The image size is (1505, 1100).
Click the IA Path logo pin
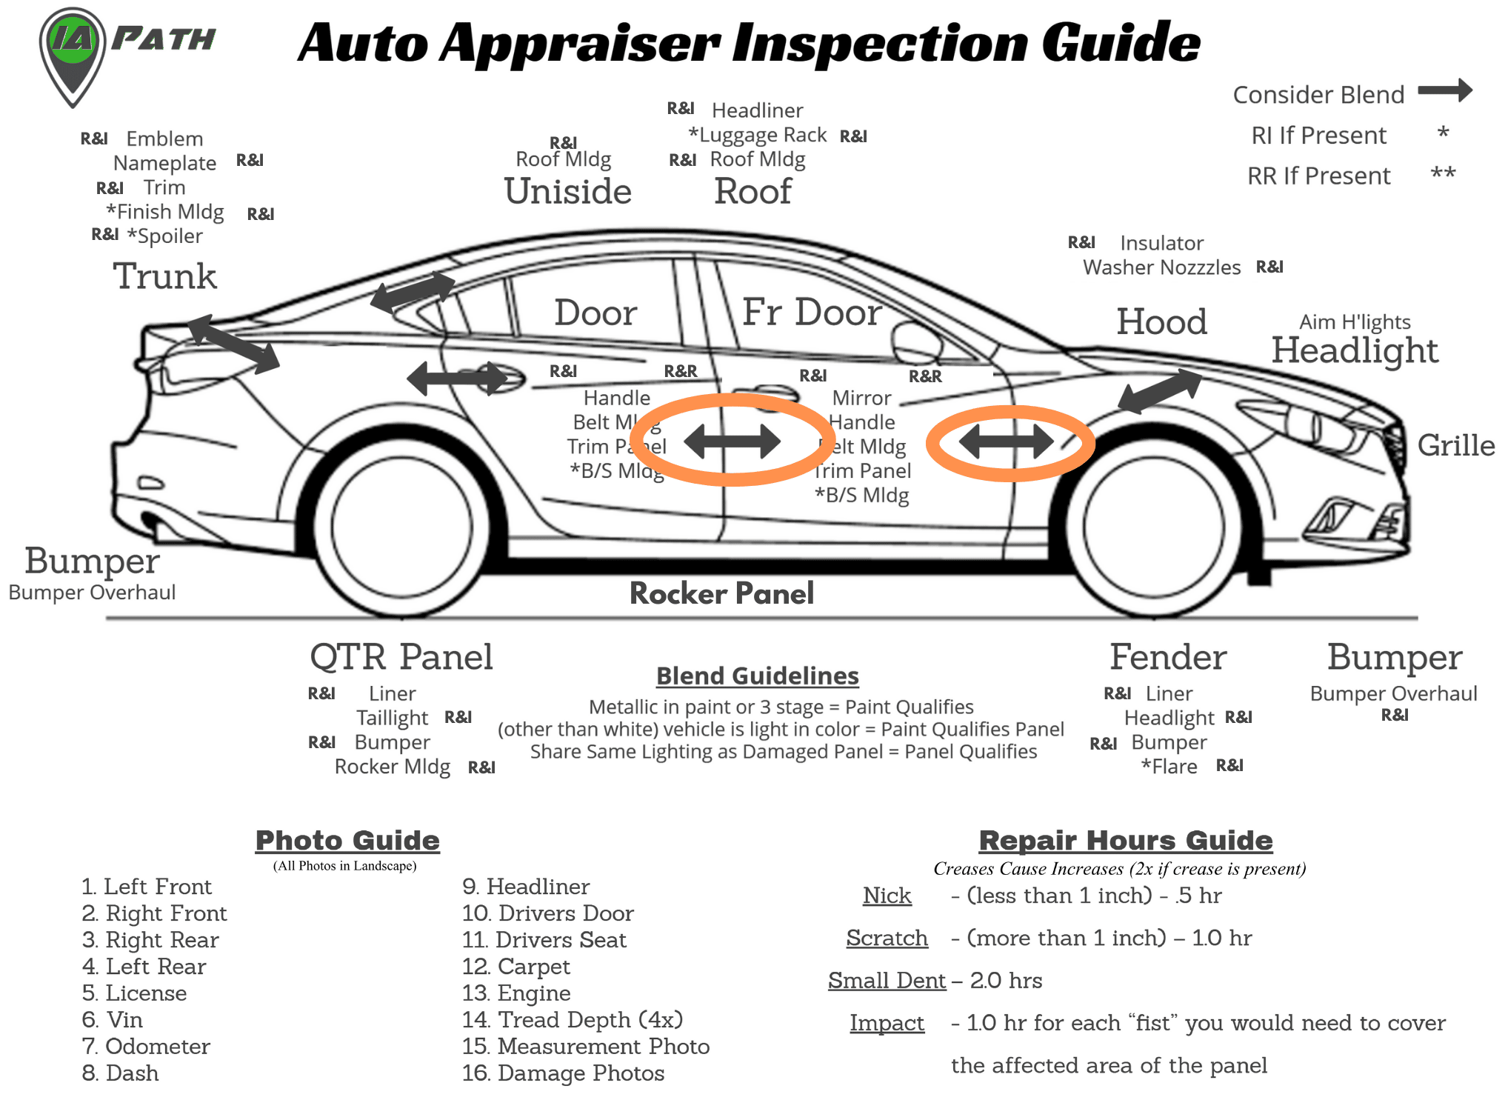[x=72, y=52]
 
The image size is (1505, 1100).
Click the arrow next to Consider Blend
[x=1444, y=91]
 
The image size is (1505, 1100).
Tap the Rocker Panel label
[x=721, y=593]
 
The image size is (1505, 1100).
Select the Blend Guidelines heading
[x=757, y=676]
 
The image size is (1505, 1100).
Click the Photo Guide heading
[x=347, y=840]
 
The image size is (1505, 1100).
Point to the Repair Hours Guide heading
[x=1125, y=840]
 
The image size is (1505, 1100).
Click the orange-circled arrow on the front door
[x=1007, y=443]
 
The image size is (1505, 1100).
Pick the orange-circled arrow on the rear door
[x=733, y=441]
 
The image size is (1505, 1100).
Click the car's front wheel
[x=1154, y=527]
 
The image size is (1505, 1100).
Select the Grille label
[x=1455, y=445]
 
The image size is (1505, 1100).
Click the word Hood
[x=1161, y=321]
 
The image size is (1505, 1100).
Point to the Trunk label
[x=164, y=276]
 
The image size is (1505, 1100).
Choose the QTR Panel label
[x=401, y=656]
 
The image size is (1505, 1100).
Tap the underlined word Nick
[x=887, y=896]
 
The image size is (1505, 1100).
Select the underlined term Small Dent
[x=887, y=980]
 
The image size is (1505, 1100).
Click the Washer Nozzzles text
[x=1161, y=267]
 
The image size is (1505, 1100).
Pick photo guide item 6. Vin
[x=113, y=1019]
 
